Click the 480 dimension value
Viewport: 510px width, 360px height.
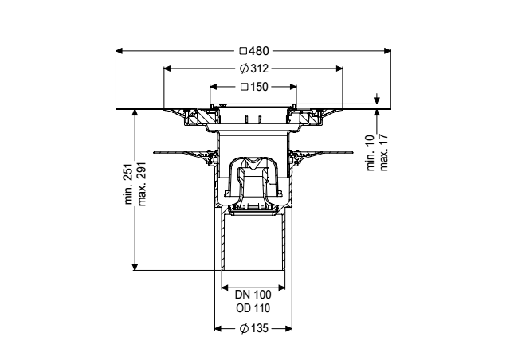click(x=258, y=51)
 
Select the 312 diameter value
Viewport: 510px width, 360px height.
click(x=259, y=68)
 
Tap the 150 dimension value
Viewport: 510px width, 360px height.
click(x=259, y=87)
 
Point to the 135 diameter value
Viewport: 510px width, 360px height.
click(x=259, y=328)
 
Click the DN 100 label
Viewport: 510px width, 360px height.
click(x=253, y=295)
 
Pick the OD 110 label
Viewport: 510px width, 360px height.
click(x=253, y=308)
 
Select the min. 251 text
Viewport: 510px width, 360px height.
click(x=129, y=184)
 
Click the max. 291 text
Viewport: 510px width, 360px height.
click(x=142, y=184)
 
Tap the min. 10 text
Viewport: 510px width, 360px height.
click(x=371, y=152)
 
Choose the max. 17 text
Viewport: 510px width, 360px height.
click(x=384, y=152)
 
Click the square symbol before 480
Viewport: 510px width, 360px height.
click(x=243, y=51)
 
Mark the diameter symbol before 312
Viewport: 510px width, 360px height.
click(x=244, y=68)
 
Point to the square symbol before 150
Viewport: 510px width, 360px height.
click(x=245, y=87)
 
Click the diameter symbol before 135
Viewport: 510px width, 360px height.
click(x=245, y=328)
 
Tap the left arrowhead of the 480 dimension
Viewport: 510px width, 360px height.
click(x=119, y=51)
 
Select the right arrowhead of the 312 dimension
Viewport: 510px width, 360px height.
click(x=339, y=68)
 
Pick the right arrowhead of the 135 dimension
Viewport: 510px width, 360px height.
click(x=288, y=328)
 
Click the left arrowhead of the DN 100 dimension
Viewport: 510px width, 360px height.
click(x=225, y=288)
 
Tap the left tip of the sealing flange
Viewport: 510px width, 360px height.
click(x=154, y=152)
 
